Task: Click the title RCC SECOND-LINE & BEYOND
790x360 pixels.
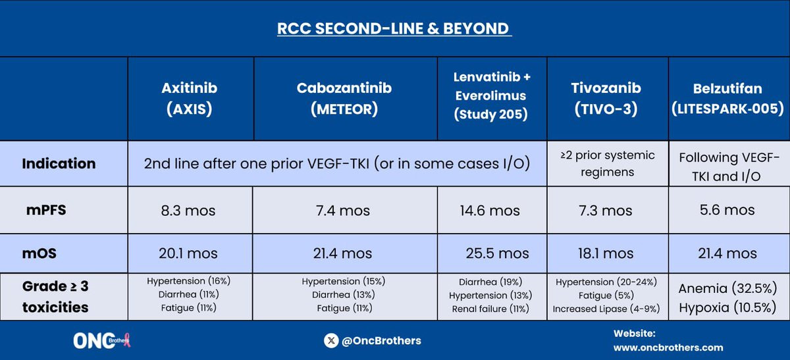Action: tap(394, 28)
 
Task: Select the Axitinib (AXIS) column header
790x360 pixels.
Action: tap(190, 98)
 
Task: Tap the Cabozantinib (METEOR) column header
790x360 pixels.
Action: tap(344, 98)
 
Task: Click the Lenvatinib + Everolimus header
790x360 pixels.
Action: tap(492, 95)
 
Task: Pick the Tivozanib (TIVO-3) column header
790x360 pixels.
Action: tap(606, 98)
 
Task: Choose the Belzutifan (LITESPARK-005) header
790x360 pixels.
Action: tap(727, 98)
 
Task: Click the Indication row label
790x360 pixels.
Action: tap(59, 164)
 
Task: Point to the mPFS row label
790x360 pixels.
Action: tap(46, 210)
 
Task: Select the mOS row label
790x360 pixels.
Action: tap(39, 253)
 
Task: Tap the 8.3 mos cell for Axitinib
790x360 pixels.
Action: tap(188, 211)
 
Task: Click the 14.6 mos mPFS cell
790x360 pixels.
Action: tap(490, 211)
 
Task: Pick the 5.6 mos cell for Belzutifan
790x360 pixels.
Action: tap(727, 210)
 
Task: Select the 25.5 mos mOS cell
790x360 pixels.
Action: tap(497, 253)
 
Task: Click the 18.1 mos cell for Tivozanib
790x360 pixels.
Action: tap(606, 253)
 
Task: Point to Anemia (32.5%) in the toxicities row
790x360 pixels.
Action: tap(727, 288)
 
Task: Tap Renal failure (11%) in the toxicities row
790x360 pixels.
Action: tap(490, 309)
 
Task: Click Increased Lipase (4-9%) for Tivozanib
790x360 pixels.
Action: tap(606, 309)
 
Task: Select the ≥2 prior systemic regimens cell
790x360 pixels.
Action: tap(608, 164)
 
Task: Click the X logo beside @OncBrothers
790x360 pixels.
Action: tap(331, 341)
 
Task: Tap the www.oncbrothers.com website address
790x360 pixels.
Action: tap(668, 347)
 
